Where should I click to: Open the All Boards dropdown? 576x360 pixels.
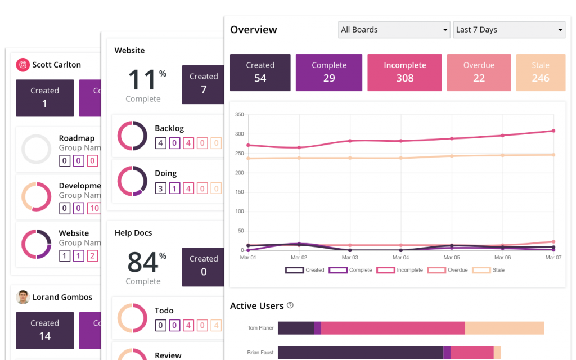pyautogui.click(x=394, y=30)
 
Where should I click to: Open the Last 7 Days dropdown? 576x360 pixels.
pyautogui.click(x=508, y=30)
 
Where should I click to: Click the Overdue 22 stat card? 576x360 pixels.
pyautogui.click(x=479, y=73)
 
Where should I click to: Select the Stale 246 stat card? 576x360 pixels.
pyautogui.click(x=540, y=73)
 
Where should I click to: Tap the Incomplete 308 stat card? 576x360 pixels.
pyautogui.click(x=404, y=73)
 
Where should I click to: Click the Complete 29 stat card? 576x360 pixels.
pyautogui.click(x=329, y=73)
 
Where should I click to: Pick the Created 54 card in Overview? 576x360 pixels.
pyautogui.click(x=260, y=73)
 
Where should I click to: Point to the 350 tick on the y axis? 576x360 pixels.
pyautogui.click(x=239, y=115)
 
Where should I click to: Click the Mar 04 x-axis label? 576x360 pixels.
pyautogui.click(x=400, y=257)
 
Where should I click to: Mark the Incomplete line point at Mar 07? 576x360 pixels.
pyautogui.click(x=553, y=130)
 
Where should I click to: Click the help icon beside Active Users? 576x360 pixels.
pyautogui.click(x=290, y=305)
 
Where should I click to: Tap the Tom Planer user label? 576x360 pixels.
pyautogui.click(x=260, y=328)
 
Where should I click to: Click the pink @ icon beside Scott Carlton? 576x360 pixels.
pyautogui.click(x=22, y=65)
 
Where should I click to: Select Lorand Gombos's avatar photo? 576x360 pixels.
pyautogui.click(x=22, y=297)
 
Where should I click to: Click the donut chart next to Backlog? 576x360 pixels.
pyautogui.click(x=132, y=136)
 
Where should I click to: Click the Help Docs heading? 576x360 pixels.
pyautogui.click(x=133, y=233)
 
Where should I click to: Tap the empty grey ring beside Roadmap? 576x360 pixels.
pyautogui.click(x=37, y=149)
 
